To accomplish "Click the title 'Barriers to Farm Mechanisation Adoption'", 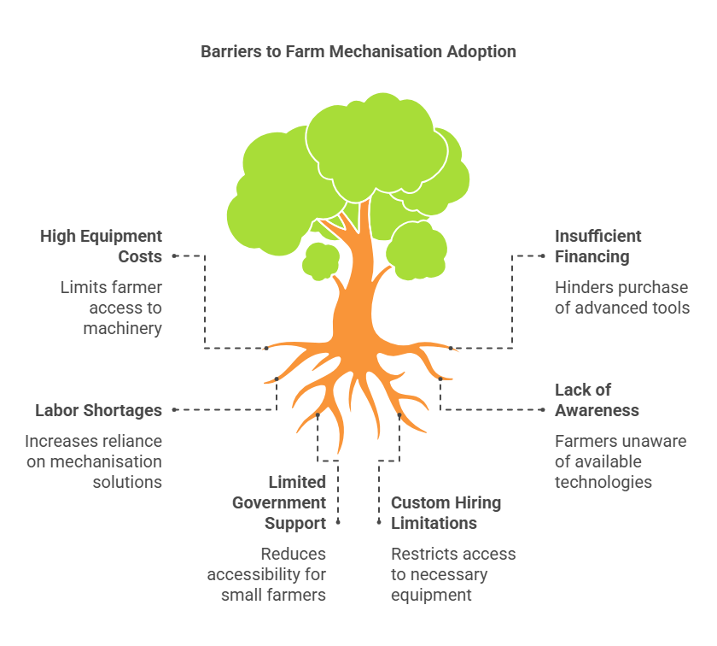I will [358, 51].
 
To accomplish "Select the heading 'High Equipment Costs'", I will [101, 246].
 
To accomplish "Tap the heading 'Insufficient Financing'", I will [598, 246].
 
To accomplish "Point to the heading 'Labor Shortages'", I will [98, 410].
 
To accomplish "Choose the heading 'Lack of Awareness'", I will [597, 400].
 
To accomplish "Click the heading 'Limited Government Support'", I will [279, 502].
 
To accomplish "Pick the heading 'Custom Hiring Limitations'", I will [446, 513].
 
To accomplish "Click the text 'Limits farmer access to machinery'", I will [111, 308].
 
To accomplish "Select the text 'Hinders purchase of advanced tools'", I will [621, 297].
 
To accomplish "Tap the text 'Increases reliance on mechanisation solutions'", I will [93, 461].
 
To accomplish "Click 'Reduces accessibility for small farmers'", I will [266, 574].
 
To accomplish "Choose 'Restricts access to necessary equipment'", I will [453, 574].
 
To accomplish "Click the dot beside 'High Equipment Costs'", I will [174, 255].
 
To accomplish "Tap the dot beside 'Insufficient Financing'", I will [543, 255].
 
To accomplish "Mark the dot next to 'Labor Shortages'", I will [174, 410].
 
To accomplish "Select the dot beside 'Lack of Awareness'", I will [543, 410].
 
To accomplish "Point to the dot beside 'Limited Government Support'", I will [338, 521].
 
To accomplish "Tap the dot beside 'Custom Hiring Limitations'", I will [379, 521].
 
